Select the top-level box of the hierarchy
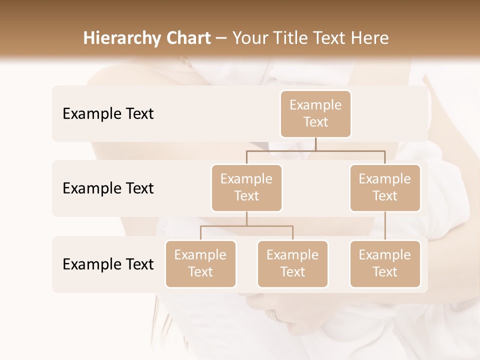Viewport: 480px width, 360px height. pyautogui.click(x=315, y=114)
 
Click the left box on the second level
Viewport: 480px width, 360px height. pyautogui.click(x=246, y=188)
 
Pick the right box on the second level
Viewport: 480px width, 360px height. pyautogui.click(x=385, y=188)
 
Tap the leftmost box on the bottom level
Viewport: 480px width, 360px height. pyautogui.click(x=200, y=264)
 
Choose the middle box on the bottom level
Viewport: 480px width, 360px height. pyautogui.click(x=292, y=264)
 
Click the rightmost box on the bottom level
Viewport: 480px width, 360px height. pyautogui.click(x=385, y=264)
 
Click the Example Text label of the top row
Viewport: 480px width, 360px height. pyautogui.click(x=108, y=114)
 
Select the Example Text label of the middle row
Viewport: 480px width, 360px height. pyautogui.click(x=108, y=188)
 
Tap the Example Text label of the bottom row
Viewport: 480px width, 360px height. pyautogui.click(x=108, y=264)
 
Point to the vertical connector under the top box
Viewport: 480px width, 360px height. pyautogui.click(x=315, y=144)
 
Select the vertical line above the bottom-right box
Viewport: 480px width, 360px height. pyautogui.click(x=385, y=226)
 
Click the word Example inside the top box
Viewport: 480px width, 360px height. pyautogui.click(x=315, y=105)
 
